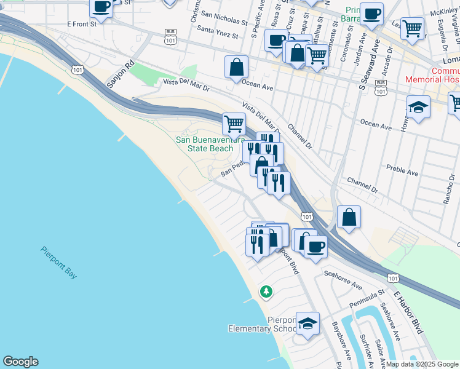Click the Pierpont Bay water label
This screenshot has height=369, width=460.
[58, 263]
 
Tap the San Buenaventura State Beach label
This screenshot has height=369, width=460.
[205, 144]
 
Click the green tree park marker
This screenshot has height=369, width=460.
[266, 291]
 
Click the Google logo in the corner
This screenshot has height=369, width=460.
[20, 362]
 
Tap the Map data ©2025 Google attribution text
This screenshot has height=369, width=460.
[422, 364]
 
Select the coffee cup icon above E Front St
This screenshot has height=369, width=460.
[101, 7]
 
